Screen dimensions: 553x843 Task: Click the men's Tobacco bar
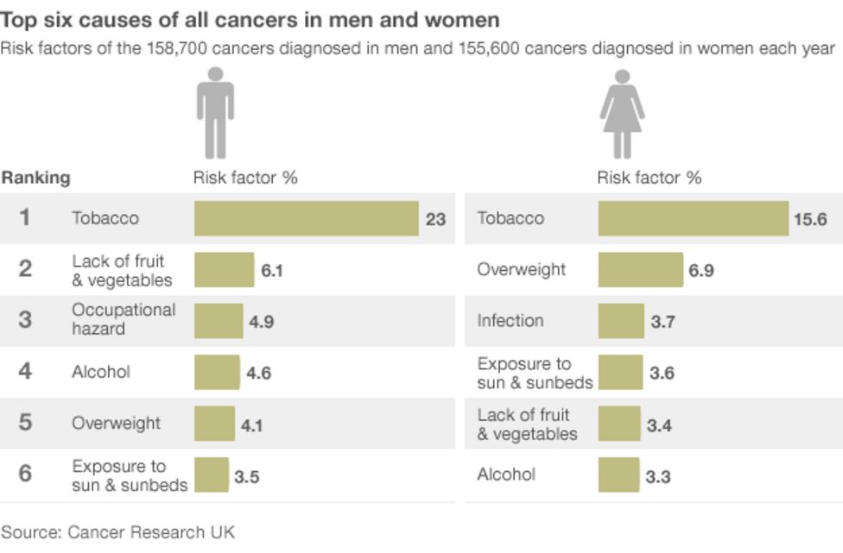306,218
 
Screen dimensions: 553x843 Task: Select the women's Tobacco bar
693,218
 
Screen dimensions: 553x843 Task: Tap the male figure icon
215,115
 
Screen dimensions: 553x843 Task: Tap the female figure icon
622,115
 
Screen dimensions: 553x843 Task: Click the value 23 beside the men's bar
435,219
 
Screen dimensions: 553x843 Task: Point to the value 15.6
810,219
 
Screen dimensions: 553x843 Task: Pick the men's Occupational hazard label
124,319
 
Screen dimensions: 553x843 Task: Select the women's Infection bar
621,321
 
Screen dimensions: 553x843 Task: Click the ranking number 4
25,371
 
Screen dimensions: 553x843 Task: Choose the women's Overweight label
521,270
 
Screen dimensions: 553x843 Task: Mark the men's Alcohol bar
217,372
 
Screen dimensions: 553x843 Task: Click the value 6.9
700,271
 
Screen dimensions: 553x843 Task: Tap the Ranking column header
35,179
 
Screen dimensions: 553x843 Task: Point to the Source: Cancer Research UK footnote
117,531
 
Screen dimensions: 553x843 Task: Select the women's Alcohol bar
618,474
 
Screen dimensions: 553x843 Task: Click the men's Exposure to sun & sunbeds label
130,475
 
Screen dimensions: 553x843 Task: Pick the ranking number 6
25,474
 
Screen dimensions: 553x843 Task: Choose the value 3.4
659,425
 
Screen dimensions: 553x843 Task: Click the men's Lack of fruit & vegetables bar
224,269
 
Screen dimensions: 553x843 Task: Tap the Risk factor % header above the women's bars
649,179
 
